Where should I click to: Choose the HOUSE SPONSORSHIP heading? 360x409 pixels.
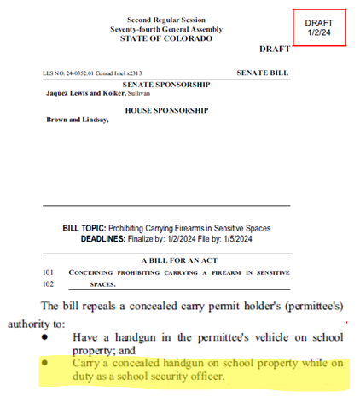167,110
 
